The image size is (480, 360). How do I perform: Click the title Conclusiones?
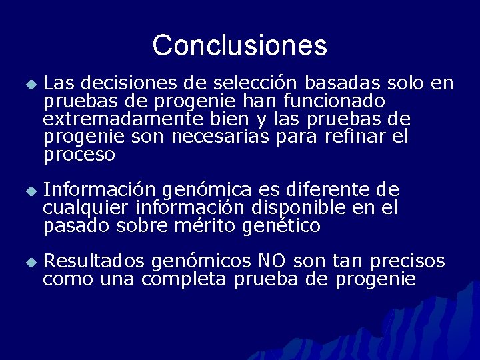[239, 45]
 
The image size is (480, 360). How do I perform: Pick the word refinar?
[354, 137]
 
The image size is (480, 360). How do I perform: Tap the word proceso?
[79, 155]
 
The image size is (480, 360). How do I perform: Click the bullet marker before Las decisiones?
[29, 85]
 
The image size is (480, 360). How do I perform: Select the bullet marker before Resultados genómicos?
[29, 262]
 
